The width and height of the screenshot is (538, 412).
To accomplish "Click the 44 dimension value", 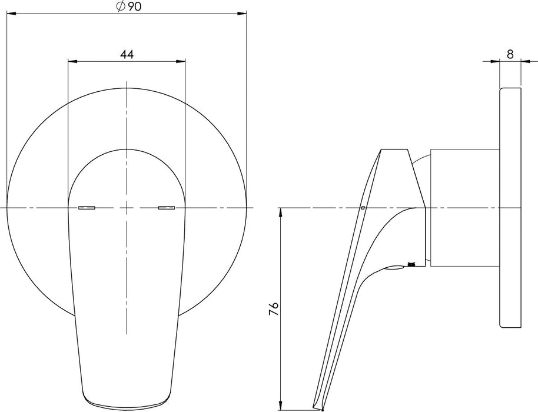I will [x=127, y=54].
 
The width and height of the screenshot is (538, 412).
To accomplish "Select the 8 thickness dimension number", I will [x=510, y=54].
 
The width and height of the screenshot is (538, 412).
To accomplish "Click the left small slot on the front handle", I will [x=87, y=207].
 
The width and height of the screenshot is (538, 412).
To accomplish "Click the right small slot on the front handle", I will [x=167, y=207].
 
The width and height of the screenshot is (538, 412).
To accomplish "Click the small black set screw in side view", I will [x=411, y=263].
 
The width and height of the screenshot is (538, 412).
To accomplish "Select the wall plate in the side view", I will [x=510, y=208].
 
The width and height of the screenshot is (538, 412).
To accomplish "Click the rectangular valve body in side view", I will [x=465, y=208].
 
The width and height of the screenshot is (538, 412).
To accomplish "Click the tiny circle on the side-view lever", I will [x=363, y=207].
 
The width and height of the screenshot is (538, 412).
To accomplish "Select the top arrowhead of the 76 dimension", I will [x=282, y=211].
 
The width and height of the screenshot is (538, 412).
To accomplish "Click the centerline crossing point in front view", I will [x=127, y=208].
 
